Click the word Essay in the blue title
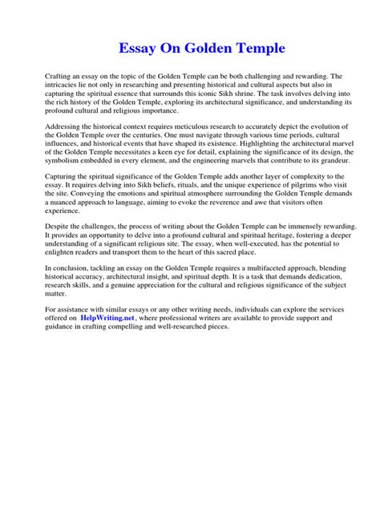point(137,49)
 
